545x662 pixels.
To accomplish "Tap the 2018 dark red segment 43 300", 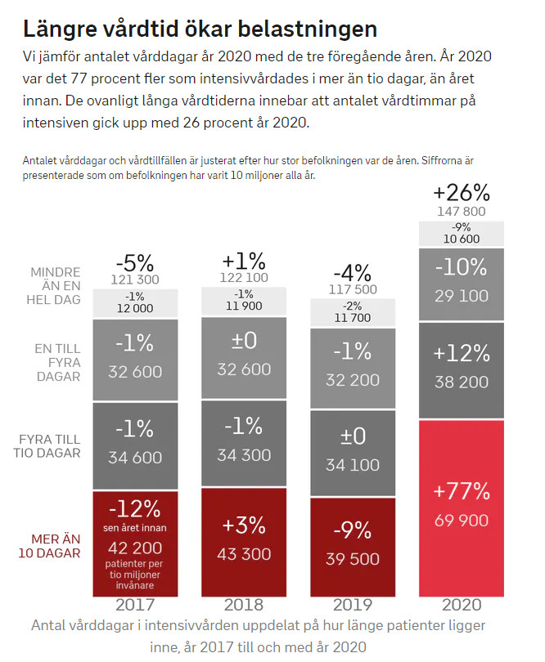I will pos(244,541).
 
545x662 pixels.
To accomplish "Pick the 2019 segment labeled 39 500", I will pos(353,545).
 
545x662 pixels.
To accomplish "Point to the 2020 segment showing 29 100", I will pos(462,280).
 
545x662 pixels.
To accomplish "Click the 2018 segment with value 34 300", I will pos(244,441).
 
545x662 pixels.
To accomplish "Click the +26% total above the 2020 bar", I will pos(462,193).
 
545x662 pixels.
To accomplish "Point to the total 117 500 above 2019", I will pos(353,289).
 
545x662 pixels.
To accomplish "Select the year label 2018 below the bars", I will pos(244,606).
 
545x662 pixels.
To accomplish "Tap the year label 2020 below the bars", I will pos(462,606).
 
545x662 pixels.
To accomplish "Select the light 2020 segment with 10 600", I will pos(462,233).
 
